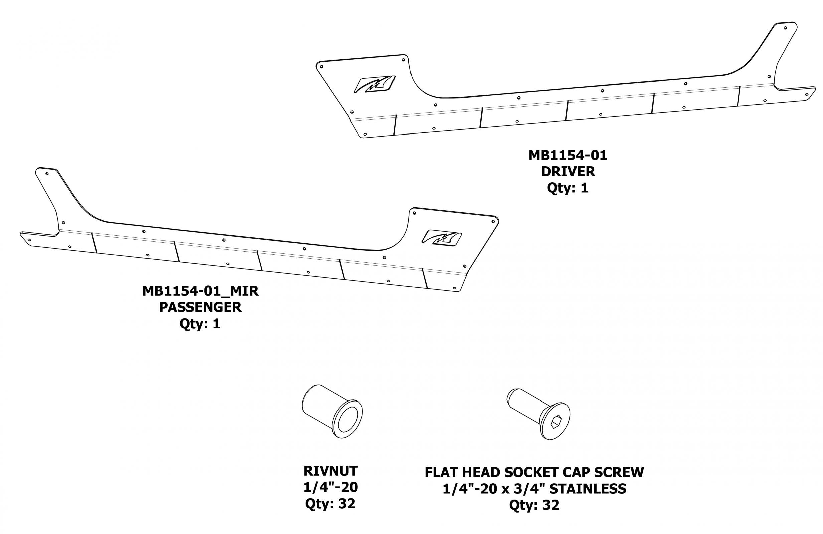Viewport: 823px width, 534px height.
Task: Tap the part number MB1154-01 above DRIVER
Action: click(x=567, y=155)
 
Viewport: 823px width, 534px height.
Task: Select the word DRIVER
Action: click(x=568, y=172)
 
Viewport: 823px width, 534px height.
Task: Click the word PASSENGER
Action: click(x=200, y=307)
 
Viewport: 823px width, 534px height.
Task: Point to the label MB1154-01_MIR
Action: click(x=200, y=291)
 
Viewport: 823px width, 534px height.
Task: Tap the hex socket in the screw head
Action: click(x=554, y=423)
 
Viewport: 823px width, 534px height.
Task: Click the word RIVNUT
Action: click(x=330, y=471)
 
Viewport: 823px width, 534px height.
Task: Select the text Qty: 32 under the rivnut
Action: click(x=330, y=504)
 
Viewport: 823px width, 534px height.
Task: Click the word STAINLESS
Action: click(x=588, y=489)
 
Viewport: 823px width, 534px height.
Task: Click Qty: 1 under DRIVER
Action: click(x=567, y=188)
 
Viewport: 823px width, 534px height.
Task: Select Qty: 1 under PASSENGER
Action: click(x=200, y=324)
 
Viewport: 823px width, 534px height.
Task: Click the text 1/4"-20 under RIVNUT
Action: click(x=330, y=487)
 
